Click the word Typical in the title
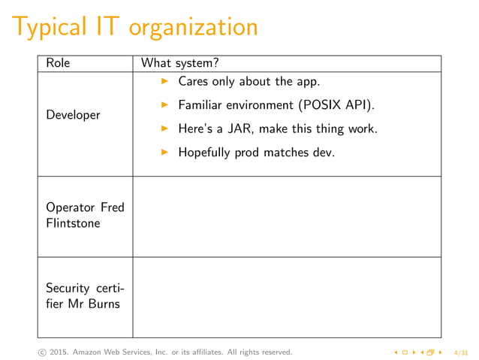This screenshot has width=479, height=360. tap(56, 27)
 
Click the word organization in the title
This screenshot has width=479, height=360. tap(194, 27)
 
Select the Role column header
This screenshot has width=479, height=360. tap(58, 63)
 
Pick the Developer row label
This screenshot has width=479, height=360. tap(73, 115)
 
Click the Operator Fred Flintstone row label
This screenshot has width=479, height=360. tap(85, 215)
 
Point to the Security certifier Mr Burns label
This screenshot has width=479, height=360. tap(85, 295)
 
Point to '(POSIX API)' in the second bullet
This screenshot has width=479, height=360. tap(336, 104)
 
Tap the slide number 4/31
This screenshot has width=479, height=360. tap(461, 352)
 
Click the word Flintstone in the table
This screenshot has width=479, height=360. tap(73, 223)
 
